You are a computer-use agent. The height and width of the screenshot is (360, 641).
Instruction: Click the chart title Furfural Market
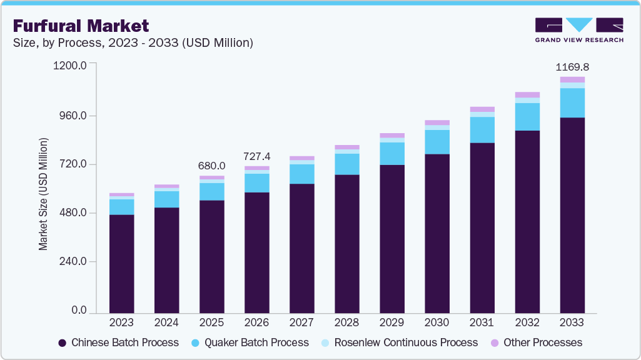pos(81,26)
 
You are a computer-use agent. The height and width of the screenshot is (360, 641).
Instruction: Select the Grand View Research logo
pos(578,29)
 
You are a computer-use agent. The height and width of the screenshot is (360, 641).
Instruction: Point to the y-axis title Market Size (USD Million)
pos(43,194)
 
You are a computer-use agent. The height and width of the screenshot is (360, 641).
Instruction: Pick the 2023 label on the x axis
pos(121,322)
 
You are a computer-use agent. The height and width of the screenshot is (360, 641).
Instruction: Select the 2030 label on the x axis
pos(437,322)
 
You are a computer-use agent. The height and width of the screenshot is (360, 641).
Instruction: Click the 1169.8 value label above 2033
pos(572,66)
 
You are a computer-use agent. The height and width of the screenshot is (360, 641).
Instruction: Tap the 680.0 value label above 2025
pos(212,166)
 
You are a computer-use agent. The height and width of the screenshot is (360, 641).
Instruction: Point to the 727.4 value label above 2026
pos(257,156)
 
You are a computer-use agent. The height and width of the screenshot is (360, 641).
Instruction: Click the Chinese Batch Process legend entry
pos(118,342)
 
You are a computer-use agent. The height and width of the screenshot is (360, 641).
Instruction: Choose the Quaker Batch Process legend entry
pos(251,342)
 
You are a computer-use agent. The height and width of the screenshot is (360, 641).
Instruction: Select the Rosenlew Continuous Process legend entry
pos(398,342)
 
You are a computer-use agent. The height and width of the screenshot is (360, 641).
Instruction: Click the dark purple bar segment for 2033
pos(572,215)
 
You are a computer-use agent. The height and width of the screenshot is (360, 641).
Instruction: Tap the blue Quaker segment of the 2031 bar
pos(482,130)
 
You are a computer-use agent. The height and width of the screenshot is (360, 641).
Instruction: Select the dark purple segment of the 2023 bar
pos(121,263)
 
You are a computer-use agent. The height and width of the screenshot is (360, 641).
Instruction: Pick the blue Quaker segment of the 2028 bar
pos(347,164)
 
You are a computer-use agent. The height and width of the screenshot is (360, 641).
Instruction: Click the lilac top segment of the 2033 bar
pos(572,79)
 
